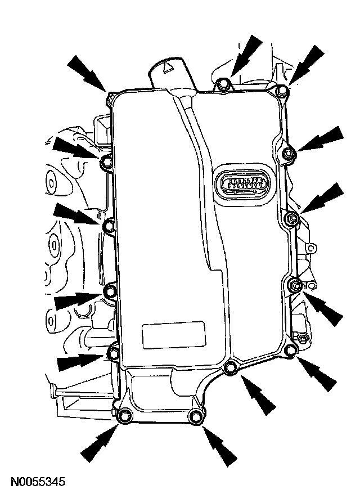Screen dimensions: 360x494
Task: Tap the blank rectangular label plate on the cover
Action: click(x=173, y=335)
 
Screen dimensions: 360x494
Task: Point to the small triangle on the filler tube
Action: click(x=166, y=66)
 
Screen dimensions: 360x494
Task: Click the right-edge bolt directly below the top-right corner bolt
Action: click(x=289, y=154)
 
